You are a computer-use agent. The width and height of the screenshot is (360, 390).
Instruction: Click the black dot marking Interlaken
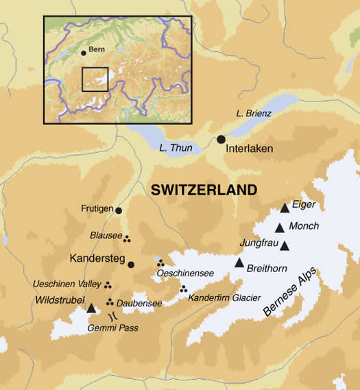[221, 139]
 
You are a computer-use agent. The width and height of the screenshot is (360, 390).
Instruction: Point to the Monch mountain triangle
[280, 228]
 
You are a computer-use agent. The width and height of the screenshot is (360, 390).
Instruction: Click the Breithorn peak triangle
[239, 263]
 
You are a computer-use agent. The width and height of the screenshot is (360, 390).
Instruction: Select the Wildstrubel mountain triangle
[92, 308]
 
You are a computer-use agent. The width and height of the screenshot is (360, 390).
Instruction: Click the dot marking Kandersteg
[131, 265]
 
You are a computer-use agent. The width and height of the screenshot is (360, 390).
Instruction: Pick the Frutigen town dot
[119, 210]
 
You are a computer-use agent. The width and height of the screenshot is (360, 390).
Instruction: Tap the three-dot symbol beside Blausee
[128, 239]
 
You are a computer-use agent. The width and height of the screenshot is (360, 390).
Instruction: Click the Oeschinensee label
[186, 273]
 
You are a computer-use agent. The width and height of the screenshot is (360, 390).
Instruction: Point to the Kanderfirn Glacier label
[224, 297]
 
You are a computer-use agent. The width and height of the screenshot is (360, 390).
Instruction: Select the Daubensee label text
[139, 302]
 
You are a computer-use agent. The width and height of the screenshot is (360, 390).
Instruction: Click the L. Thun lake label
[170, 147]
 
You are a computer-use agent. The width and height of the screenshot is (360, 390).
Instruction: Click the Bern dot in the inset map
[84, 53]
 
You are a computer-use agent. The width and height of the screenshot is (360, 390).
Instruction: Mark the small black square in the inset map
[95, 79]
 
